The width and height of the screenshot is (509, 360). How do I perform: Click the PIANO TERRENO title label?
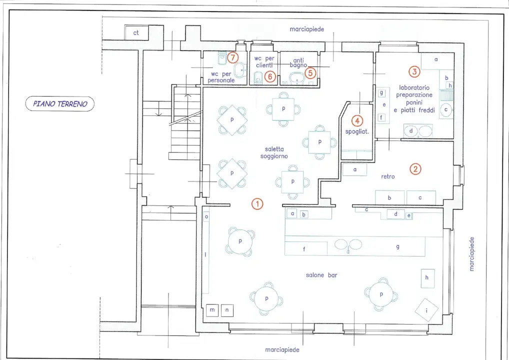click(60, 104)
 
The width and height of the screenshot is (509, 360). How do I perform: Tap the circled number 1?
click(257, 204)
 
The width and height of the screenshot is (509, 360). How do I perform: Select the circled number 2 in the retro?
click(415, 169)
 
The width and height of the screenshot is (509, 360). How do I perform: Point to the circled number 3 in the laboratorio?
click(414, 71)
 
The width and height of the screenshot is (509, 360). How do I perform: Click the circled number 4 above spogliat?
click(357, 121)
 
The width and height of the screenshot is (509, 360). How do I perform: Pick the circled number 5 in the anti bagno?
click(310, 73)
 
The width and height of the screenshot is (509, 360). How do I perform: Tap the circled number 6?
click(270, 77)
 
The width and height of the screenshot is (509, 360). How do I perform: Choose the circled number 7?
click(233, 57)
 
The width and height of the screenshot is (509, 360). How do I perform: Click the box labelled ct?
click(136, 33)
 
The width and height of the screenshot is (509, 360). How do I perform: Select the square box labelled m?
click(212, 310)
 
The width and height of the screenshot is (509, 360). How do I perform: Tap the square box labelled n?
click(227, 310)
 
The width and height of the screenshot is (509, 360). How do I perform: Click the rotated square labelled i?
click(426, 310)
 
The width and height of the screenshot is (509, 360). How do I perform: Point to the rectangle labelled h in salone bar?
click(427, 278)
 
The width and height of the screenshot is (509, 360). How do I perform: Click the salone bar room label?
click(321, 275)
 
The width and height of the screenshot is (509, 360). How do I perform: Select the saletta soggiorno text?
click(274, 152)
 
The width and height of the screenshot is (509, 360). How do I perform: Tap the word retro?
click(388, 176)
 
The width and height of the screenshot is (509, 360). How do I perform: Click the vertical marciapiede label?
click(471, 254)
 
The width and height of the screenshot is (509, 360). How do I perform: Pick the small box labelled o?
click(206, 216)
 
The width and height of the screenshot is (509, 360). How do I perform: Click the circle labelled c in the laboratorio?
click(446, 109)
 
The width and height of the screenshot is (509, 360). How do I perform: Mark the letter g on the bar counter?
click(397, 246)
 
